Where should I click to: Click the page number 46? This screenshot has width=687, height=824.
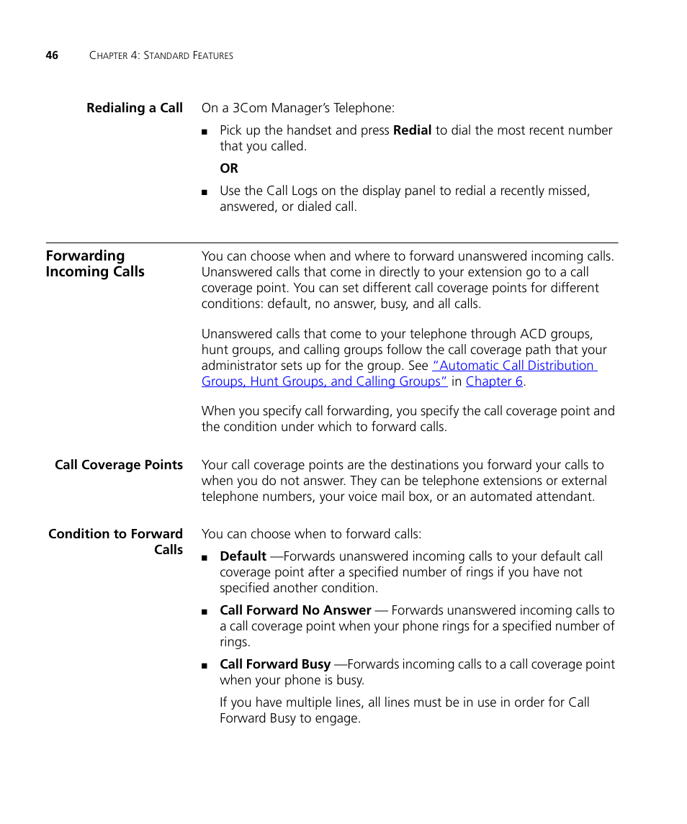coord(52,55)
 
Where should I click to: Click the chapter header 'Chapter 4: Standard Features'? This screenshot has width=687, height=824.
coord(161,55)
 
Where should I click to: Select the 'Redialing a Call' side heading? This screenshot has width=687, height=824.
coord(135,108)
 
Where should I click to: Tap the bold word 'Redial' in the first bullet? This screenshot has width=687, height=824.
coord(412,130)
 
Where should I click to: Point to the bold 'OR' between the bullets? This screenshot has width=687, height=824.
coord(229,168)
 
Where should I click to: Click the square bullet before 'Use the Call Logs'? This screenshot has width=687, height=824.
coord(205,192)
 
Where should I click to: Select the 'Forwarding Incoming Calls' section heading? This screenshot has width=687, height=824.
coord(95,263)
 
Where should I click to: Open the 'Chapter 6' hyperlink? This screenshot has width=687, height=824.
coord(494,381)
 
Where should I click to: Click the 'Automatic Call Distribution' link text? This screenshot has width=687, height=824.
coord(514,366)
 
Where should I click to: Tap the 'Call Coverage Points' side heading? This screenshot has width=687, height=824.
coord(119,465)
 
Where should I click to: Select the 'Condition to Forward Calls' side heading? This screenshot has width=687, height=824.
coord(115,541)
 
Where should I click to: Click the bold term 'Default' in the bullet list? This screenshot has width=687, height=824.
coord(243,556)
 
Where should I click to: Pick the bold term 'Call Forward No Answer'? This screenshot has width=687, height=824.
coord(295,610)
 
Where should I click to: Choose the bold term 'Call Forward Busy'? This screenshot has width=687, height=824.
coord(275,664)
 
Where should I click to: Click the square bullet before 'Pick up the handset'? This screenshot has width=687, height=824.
coord(205,132)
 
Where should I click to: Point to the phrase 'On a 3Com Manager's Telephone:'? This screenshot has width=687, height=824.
coord(297,108)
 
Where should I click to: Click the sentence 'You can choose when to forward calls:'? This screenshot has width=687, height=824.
coord(311,534)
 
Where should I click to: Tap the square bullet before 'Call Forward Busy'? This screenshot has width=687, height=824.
coord(205,666)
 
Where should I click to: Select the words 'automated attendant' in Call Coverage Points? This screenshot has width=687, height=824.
coord(533,497)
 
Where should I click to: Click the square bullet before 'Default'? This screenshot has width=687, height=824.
coord(205,558)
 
